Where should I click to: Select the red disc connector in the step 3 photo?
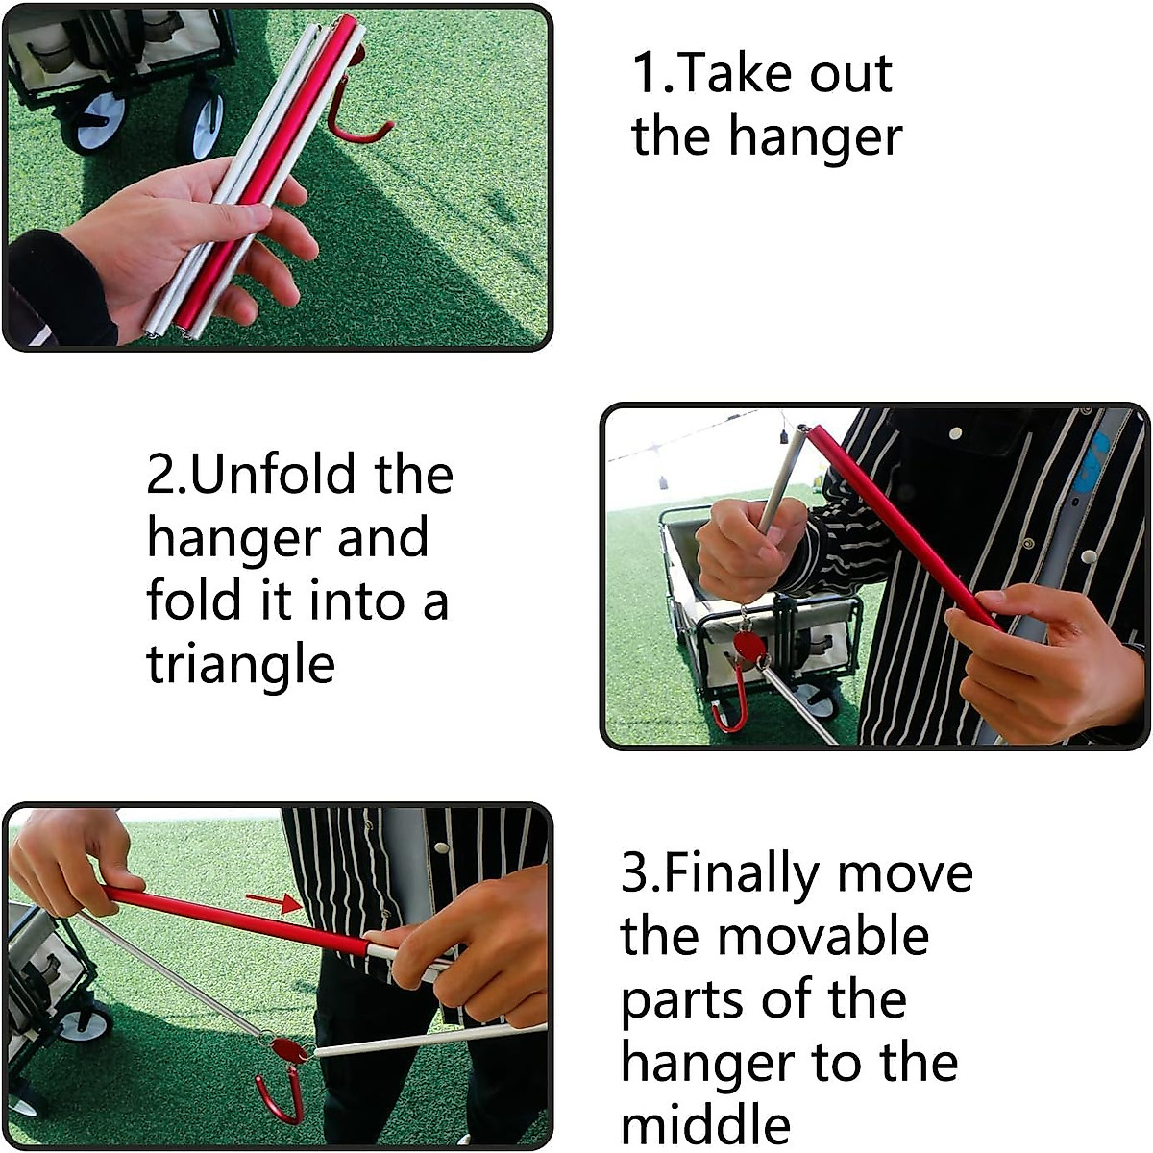point(289,1049)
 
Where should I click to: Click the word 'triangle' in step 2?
point(240,665)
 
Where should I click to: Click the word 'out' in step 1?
point(850,75)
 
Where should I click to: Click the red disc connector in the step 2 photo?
point(748,645)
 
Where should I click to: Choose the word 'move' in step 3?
point(904,872)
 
